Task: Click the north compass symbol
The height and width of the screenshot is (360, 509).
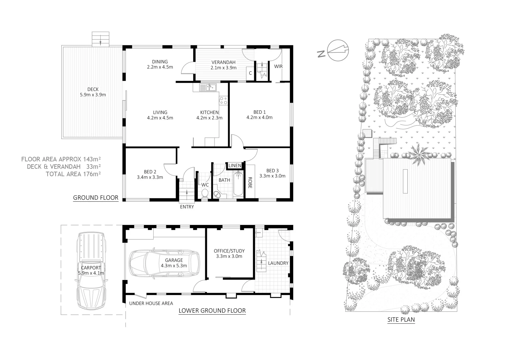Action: tap(339, 51)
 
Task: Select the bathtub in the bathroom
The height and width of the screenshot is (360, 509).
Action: tap(238, 184)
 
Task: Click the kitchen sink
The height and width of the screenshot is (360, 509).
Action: tap(208, 88)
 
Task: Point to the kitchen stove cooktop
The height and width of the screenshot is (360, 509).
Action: tap(223, 100)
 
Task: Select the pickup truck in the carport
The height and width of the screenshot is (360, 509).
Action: tap(91, 272)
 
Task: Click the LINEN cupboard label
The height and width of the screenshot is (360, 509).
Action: tap(235, 166)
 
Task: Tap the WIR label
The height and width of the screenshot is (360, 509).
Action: tap(278, 66)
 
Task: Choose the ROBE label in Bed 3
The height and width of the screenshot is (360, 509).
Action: tap(250, 182)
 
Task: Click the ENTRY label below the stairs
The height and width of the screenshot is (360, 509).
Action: tap(187, 207)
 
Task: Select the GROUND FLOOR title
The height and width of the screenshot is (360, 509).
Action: tap(96, 198)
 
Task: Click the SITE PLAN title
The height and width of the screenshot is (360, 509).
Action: tap(401, 320)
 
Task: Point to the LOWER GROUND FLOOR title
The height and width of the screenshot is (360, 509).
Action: tap(212, 311)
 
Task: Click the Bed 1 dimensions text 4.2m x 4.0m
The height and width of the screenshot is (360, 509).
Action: tap(259, 117)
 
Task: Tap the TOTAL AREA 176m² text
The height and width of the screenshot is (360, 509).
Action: tap(73, 174)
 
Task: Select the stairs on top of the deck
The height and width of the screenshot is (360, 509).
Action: tap(101, 39)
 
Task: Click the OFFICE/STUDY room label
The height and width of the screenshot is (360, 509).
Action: tap(229, 251)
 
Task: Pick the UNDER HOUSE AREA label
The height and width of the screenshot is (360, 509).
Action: tap(151, 303)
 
